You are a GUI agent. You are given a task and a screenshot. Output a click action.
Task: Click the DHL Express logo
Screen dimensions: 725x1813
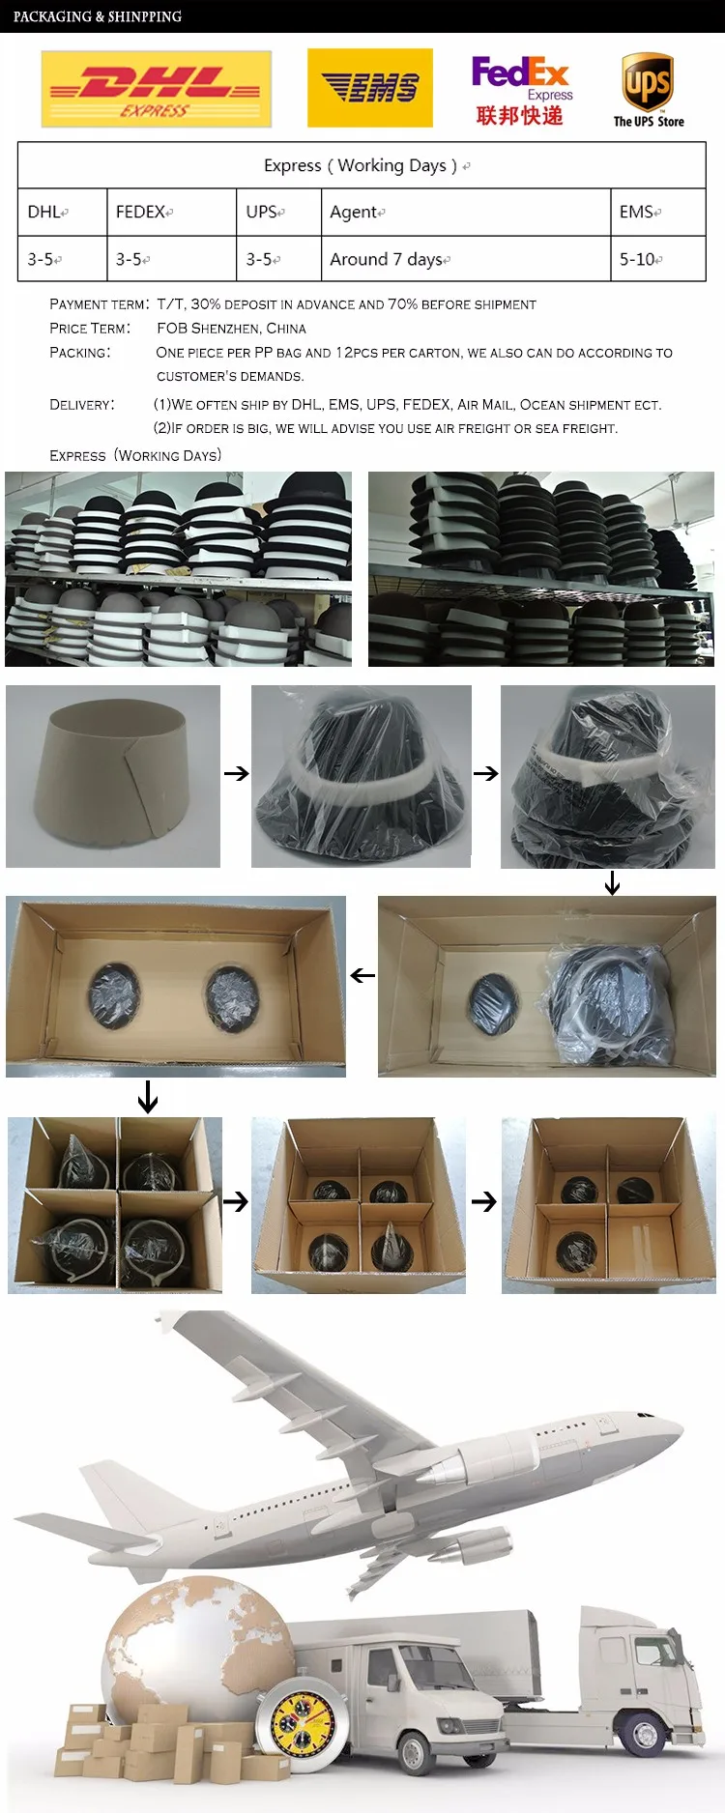click(157, 90)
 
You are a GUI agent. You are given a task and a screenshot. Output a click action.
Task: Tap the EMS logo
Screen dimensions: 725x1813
click(369, 89)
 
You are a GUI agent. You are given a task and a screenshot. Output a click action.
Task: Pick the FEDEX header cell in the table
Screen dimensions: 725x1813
click(172, 212)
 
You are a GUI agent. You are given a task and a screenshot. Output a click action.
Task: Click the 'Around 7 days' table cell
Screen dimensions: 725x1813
click(466, 259)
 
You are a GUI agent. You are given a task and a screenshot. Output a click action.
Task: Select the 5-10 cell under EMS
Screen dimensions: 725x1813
click(658, 259)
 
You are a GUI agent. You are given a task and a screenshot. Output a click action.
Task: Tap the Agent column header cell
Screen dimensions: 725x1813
click(466, 212)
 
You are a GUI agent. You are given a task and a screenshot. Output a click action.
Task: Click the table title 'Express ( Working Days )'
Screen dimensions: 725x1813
click(361, 165)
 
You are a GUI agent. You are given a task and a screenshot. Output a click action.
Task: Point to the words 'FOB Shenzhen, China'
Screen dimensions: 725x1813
click(231, 329)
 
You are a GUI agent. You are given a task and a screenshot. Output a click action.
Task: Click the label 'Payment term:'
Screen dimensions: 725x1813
click(100, 304)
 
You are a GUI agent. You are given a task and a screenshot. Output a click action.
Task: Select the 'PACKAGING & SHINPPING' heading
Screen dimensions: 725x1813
click(98, 16)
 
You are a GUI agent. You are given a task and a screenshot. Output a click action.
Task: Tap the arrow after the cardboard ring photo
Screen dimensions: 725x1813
click(237, 773)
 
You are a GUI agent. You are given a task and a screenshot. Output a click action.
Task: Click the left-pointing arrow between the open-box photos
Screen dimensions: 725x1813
click(362, 976)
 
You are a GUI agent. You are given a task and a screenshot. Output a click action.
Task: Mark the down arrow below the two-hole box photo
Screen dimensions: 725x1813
click(148, 1097)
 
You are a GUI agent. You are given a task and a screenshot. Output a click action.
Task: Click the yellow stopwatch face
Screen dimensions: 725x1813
click(304, 1725)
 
